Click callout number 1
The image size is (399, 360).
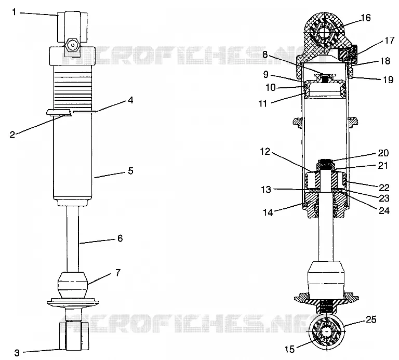click(x=14, y=12)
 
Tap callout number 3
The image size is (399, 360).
click(x=17, y=353)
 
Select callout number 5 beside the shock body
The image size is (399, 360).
click(x=130, y=171)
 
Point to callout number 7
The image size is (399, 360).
click(x=117, y=273)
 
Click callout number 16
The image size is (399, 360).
click(x=366, y=18)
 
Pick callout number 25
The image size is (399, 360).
click(x=371, y=319)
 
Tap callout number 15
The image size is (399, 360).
click(x=289, y=349)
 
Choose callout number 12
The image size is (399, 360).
click(x=265, y=151)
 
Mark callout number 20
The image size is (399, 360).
click(x=383, y=153)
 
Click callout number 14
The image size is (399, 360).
click(x=268, y=212)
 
